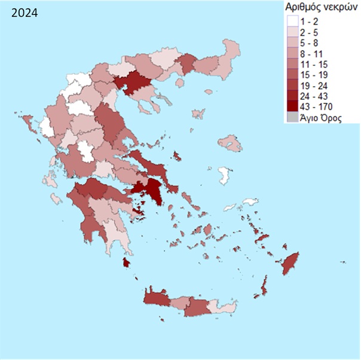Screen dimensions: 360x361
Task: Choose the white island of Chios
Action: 225,175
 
